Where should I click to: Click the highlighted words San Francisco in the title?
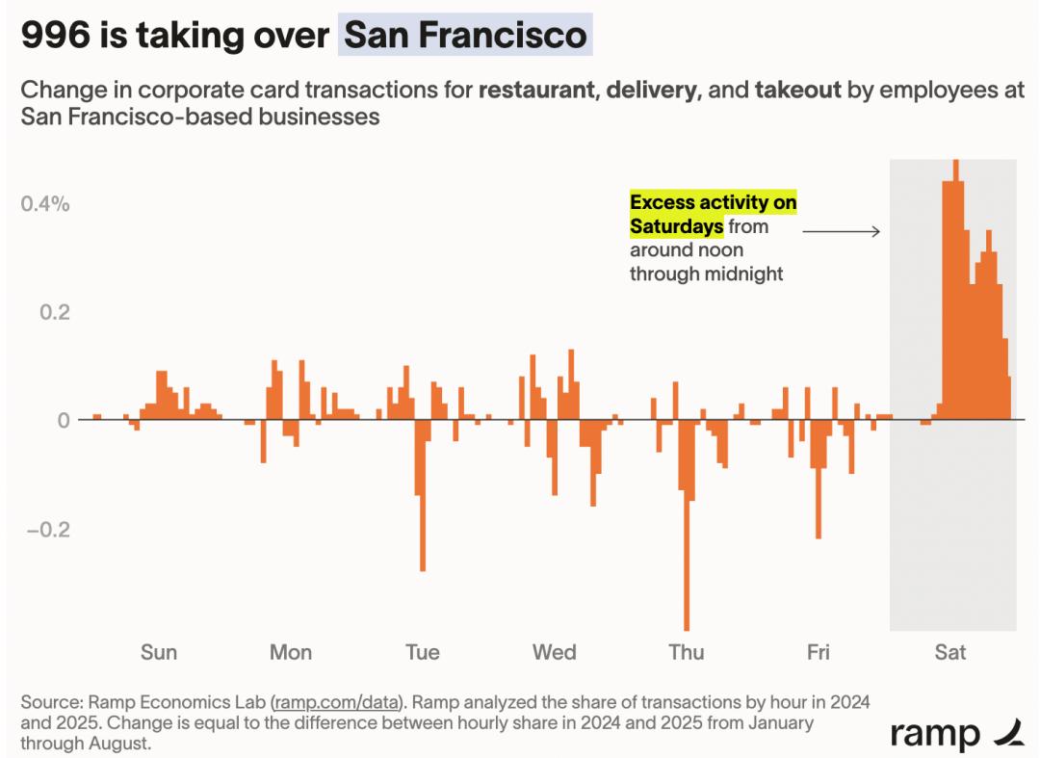(466, 36)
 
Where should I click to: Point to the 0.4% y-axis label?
(46, 204)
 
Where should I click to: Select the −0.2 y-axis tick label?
(46, 531)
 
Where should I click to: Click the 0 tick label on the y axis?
(65, 421)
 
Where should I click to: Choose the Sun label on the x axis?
(159, 652)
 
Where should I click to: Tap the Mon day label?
(291, 652)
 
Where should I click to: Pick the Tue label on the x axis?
(423, 652)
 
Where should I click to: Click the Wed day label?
(555, 652)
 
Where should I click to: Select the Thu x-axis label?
(687, 652)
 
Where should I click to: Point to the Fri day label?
(818, 652)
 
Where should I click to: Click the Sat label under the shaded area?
(950, 652)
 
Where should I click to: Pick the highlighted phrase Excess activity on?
(713, 203)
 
